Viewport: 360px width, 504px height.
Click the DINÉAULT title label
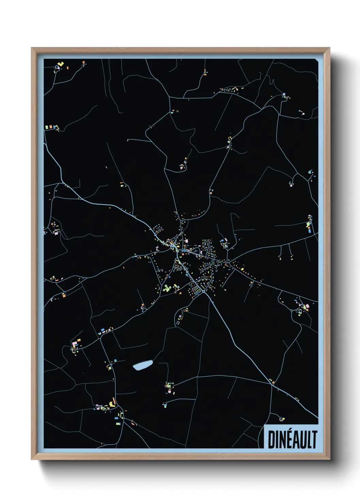[x=292, y=440]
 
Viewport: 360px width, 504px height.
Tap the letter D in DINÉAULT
[x=272, y=440]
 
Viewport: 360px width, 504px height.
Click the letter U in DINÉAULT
[x=303, y=440]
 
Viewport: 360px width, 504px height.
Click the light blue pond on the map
[x=143, y=365]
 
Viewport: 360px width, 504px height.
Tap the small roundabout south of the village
[x=203, y=292]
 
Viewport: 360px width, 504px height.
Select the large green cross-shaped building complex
[x=166, y=288]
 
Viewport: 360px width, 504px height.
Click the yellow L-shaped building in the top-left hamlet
[x=61, y=64]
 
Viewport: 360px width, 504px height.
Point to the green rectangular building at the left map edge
[x=47, y=127]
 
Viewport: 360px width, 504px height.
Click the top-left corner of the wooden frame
[x=32, y=48]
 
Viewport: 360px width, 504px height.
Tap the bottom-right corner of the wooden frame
[x=329, y=459]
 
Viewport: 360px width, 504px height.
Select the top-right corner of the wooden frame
[x=329, y=48]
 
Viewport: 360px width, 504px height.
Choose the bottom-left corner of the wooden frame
[x=32, y=459]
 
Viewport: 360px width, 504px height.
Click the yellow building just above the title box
[x=282, y=419]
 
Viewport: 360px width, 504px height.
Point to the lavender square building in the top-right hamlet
[x=284, y=94]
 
